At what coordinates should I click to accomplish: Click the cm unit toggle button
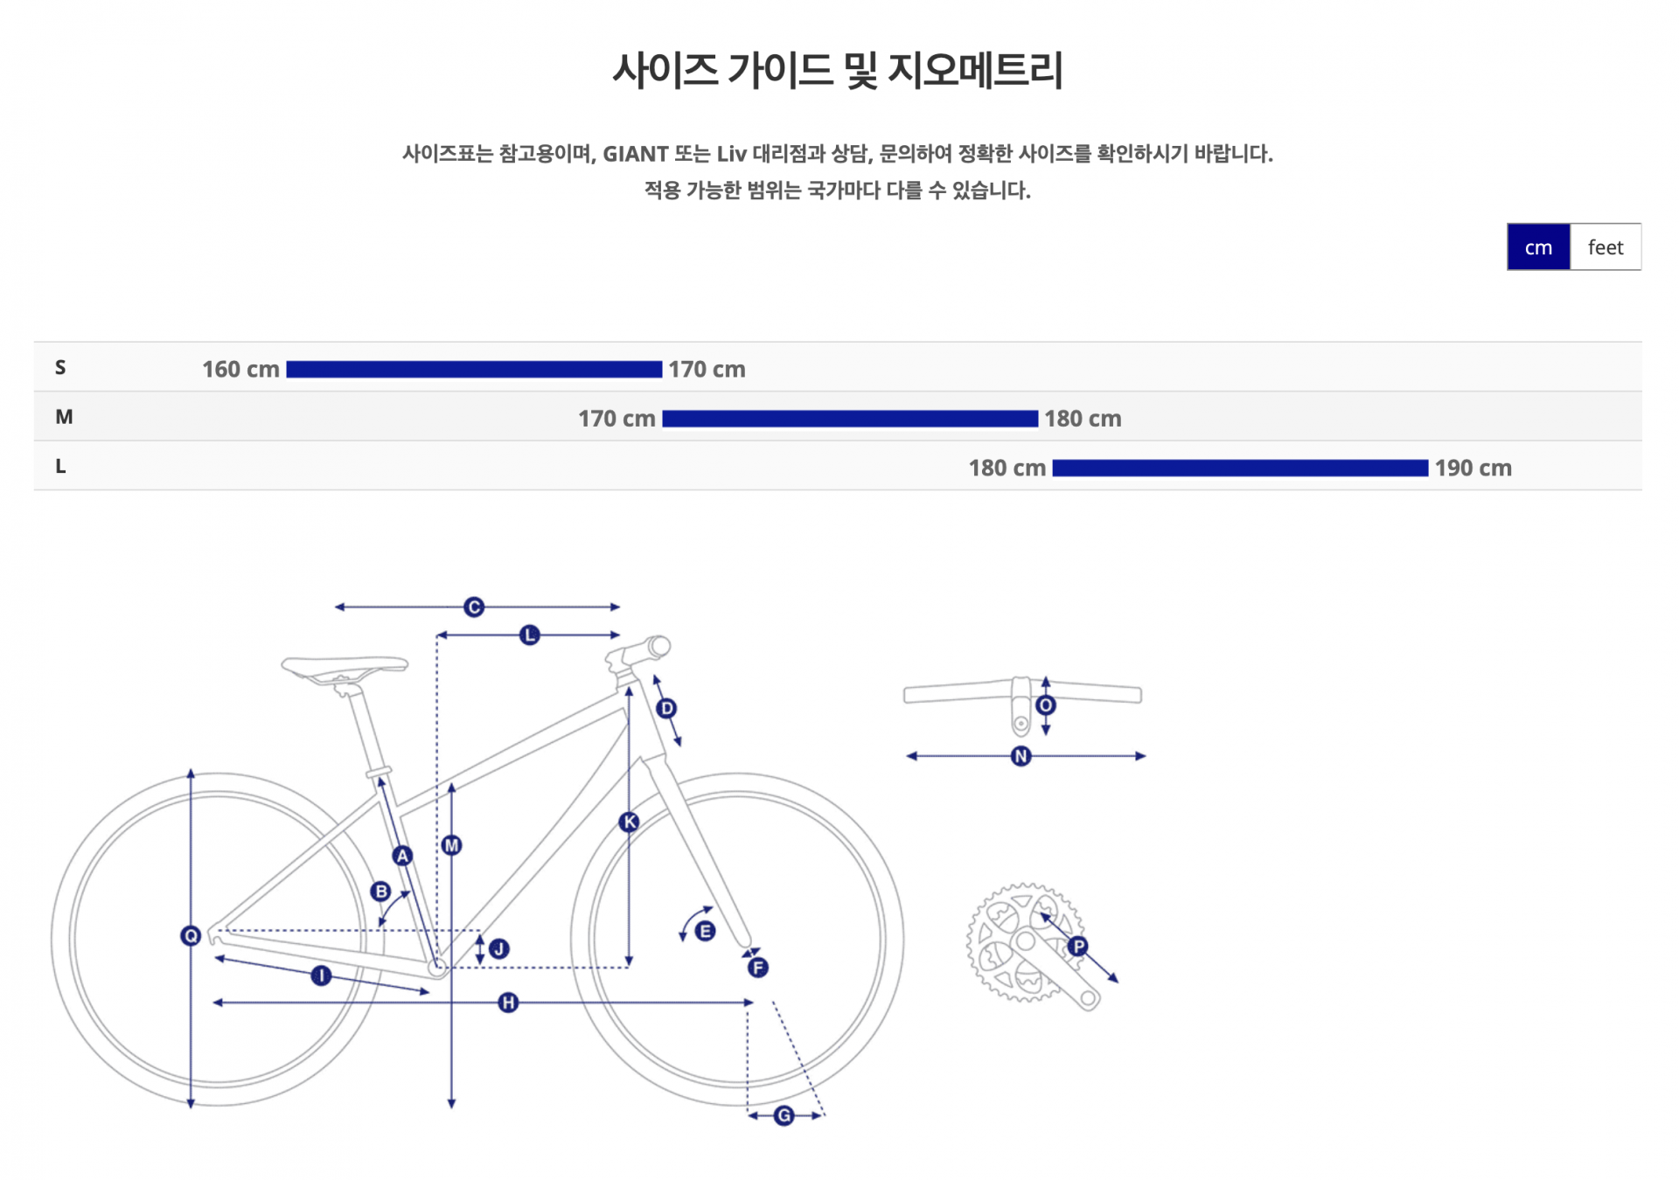(1538, 247)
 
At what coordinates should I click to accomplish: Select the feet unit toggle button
(1606, 247)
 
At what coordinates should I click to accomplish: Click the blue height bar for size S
(474, 370)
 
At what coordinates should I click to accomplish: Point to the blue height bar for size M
(850, 419)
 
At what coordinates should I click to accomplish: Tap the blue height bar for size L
(1240, 469)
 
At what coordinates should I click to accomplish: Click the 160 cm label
(240, 370)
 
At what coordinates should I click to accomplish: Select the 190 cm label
(1473, 469)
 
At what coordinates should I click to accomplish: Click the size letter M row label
(64, 417)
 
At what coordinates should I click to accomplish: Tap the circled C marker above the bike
(474, 607)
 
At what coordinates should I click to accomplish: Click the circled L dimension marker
(529, 635)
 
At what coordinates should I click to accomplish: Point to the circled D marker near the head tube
(666, 708)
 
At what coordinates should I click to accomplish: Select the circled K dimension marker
(629, 822)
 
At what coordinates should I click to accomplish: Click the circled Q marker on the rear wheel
(191, 936)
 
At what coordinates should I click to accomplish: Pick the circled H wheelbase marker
(508, 1003)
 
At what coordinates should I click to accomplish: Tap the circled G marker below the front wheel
(784, 1115)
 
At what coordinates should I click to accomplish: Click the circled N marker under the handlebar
(1021, 756)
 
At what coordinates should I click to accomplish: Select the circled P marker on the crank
(1078, 946)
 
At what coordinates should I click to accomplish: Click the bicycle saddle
(345, 668)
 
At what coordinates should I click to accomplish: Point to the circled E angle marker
(705, 931)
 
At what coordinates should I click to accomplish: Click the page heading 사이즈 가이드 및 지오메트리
(838, 70)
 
